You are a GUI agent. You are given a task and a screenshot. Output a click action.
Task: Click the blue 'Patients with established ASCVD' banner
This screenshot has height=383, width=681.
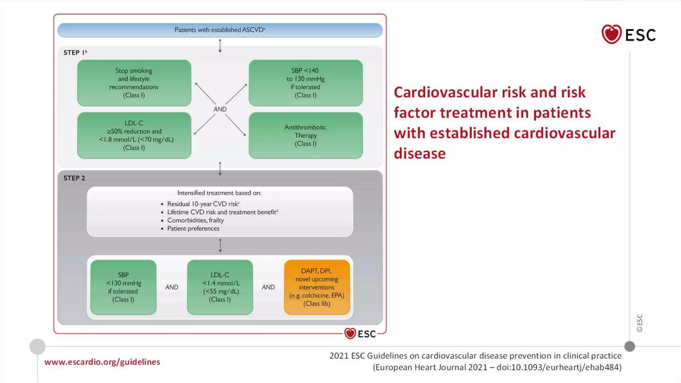[220, 30]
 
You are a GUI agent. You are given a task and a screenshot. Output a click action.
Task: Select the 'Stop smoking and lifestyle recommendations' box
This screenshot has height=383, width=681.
[134, 83]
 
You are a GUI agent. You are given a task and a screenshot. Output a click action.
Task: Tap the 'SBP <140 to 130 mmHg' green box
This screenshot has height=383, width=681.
[306, 83]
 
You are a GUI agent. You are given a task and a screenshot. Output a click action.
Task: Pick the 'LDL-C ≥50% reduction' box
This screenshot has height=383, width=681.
[134, 135]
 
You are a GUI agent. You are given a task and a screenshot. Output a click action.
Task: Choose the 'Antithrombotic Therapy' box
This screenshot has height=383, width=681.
[306, 135]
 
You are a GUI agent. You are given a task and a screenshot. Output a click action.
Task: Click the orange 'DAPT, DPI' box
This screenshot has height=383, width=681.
[317, 287]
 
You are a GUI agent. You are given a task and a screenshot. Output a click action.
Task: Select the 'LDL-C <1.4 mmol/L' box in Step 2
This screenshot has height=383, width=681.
[220, 287]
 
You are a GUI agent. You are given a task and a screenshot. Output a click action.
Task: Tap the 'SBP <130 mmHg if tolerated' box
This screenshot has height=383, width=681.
[123, 287]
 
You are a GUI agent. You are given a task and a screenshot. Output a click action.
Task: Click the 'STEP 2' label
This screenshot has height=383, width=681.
[74, 178]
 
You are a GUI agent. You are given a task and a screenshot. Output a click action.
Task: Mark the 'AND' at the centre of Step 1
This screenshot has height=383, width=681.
[220, 109]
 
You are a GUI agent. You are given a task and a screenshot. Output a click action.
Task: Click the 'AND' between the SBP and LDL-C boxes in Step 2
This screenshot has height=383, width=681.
[172, 287]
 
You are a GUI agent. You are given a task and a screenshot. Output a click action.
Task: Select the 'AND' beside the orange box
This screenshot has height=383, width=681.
[268, 287]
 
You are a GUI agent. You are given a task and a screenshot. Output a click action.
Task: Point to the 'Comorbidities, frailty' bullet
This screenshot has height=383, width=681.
[195, 220]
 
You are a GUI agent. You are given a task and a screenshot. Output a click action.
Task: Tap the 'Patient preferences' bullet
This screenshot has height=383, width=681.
[193, 229]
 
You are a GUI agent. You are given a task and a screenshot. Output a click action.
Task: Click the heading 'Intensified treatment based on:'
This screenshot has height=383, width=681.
[219, 193]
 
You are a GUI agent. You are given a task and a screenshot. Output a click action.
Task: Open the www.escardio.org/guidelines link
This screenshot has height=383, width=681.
[102, 362]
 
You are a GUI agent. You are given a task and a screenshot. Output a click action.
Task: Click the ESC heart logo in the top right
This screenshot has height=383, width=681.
[611, 34]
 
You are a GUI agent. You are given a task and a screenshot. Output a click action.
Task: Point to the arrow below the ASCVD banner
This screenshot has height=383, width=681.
[220, 46]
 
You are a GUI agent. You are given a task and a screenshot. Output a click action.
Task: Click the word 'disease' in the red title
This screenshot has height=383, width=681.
[420, 154]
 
